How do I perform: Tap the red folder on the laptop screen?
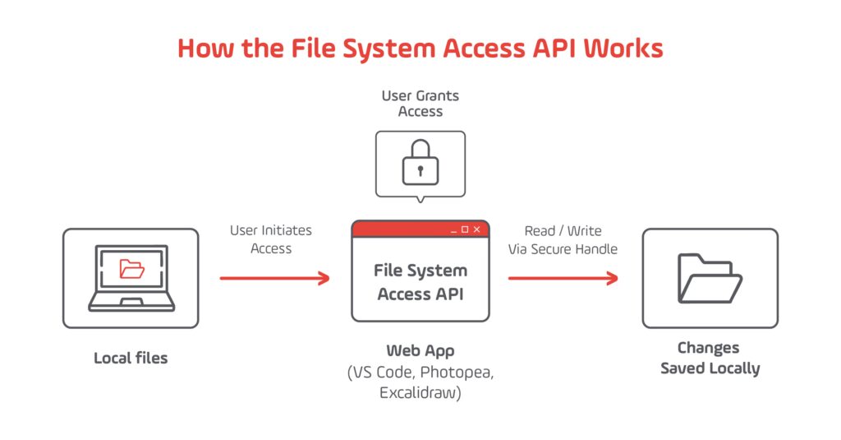131,268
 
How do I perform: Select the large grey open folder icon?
710,278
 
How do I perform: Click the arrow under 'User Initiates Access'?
274,279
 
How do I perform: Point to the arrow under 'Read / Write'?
563,279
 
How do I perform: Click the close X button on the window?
477,229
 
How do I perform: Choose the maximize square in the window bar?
465,229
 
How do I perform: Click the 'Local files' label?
131,358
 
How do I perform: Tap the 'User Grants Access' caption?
420,104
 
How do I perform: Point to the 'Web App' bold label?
420,350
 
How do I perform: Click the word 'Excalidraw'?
420,393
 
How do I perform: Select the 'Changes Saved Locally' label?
710,358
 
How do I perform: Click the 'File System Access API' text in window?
420,282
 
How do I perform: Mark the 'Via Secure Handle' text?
563,249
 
